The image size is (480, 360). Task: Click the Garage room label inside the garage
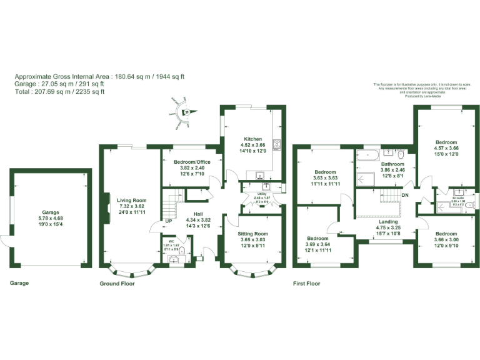[x=50, y=212]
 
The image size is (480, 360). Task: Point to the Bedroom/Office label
[x=189, y=161]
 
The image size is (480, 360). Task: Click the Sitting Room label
[x=253, y=233]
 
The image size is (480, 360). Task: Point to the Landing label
[x=387, y=221]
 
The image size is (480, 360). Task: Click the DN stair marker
[x=406, y=194]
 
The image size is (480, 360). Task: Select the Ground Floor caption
[x=117, y=283]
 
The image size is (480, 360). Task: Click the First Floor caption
[x=306, y=283]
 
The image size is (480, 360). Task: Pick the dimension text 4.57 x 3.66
[x=446, y=148]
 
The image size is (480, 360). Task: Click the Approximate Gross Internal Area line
[x=99, y=76]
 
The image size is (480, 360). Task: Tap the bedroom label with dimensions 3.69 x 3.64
[x=317, y=238]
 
